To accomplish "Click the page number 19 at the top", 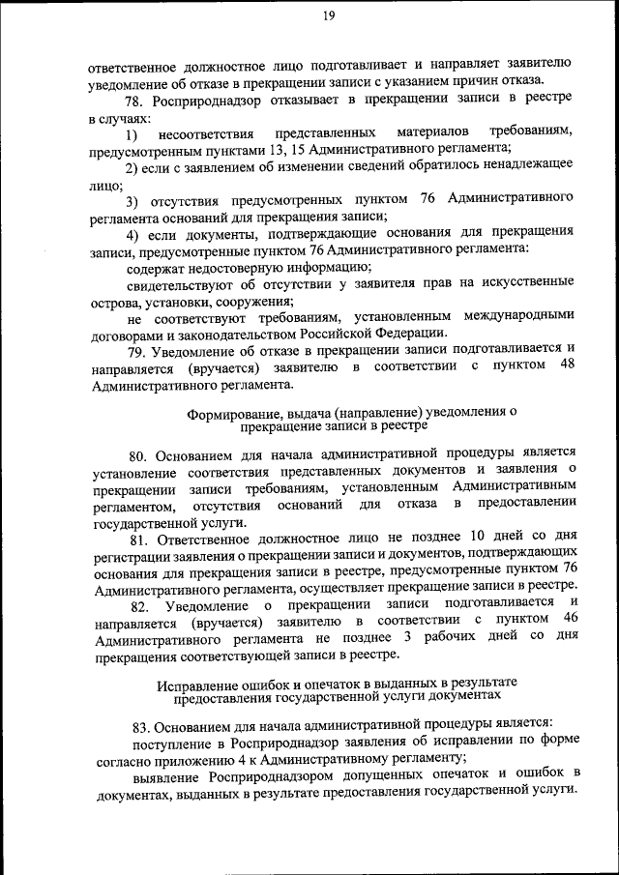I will pos(328,14).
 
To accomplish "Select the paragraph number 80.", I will pos(137,452).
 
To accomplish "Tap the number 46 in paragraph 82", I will pos(570,618).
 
